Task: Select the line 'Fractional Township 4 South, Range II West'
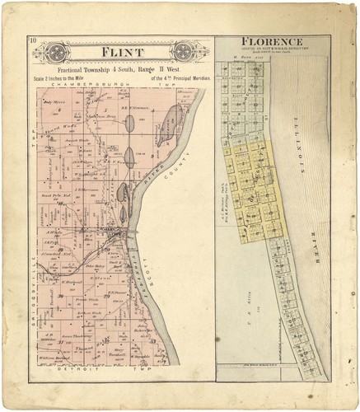pos(123,71)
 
